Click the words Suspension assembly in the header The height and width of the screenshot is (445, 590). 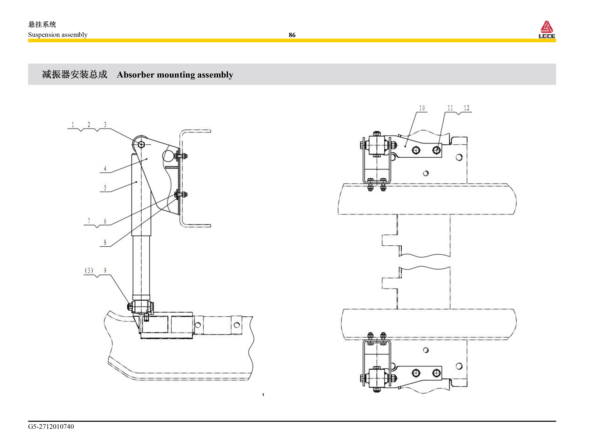58,35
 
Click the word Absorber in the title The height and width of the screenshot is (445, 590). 135,75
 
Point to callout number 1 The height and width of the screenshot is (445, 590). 73,124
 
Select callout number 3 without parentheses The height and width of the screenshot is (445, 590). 105,124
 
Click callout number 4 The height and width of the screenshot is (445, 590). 105,168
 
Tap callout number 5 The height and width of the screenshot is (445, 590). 105,188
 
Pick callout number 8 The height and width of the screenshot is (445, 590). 105,242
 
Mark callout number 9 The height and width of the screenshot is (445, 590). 105,271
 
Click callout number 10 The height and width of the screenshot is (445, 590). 422,108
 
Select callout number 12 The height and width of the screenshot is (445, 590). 466,108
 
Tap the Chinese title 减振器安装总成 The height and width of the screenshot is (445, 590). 75,74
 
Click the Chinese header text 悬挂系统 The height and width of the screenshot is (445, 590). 42,24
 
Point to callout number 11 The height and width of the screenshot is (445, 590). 450,108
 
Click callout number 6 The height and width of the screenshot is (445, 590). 105,221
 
